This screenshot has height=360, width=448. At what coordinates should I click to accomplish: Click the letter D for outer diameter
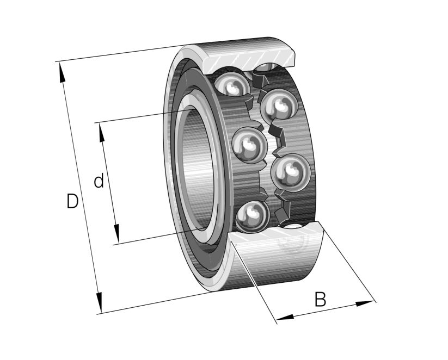tap(72, 201)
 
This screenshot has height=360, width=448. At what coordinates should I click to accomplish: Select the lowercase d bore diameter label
tap(99, 181)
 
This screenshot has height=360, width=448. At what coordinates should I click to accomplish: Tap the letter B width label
tap(321, 299)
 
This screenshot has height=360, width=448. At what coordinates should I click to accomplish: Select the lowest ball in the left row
tap(251, 215)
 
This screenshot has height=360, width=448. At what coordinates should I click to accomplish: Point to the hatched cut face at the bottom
tap(278, 239)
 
